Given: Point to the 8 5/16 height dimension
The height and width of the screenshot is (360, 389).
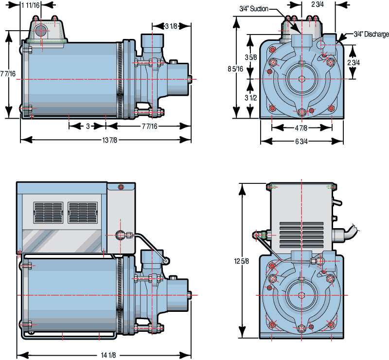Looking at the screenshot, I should [235, 69].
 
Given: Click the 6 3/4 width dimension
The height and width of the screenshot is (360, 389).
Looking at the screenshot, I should [301, 142].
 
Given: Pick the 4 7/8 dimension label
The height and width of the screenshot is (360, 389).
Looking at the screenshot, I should [301, 128].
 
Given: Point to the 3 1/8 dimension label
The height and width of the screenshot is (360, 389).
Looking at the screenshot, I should [170, 26].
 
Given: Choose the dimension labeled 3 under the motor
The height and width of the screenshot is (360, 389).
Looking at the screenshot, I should [88, 126].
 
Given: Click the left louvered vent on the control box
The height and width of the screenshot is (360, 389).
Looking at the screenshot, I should [48, 213].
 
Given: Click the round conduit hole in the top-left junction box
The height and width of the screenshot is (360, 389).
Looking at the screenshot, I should [41, 31].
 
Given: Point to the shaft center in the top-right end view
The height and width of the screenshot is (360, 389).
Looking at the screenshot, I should [301, 78].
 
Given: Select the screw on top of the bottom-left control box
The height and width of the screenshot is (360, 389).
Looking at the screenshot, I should [121, 187].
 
